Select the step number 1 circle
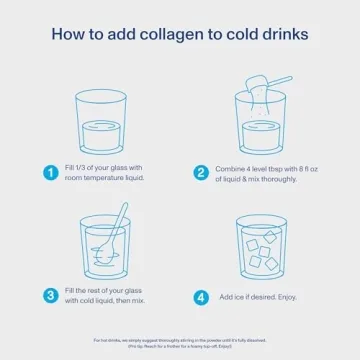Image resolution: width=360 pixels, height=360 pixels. [x=50, y=172]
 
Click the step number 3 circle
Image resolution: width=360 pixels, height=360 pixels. [x=50, y=295]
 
